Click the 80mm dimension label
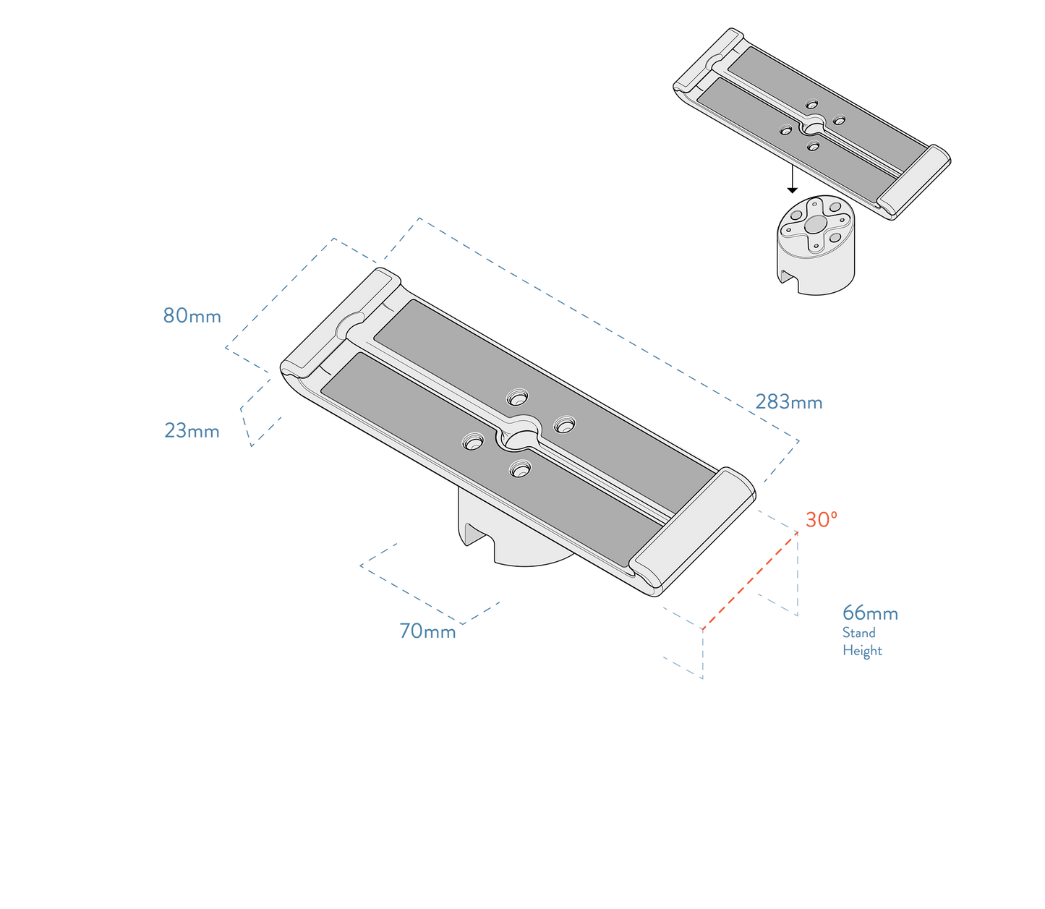192,316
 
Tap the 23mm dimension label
192,431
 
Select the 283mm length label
788,402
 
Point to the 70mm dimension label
427,632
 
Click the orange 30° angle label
821,520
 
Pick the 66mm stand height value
869,614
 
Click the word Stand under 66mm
858,633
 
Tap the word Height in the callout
862,651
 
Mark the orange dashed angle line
749,579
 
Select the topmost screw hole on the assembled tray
518,397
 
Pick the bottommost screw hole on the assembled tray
519,470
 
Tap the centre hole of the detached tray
811,127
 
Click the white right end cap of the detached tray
914,182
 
